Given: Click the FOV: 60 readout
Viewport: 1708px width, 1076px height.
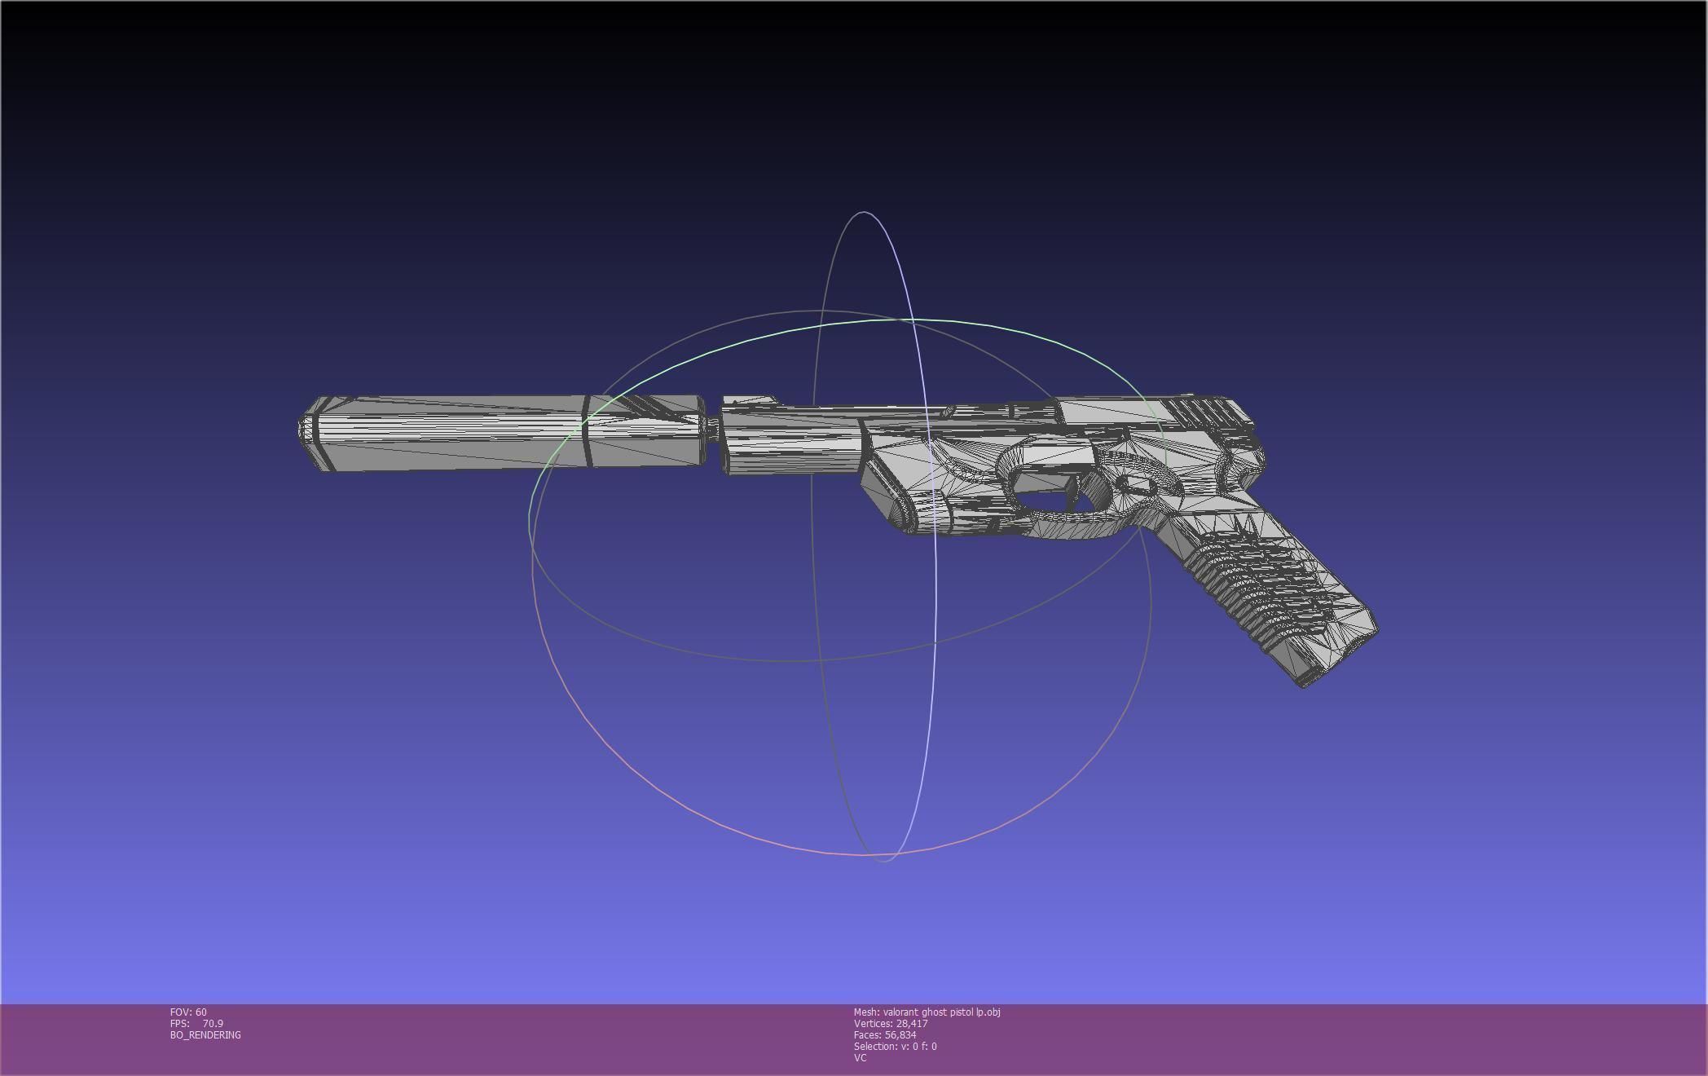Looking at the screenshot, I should [188, 1012].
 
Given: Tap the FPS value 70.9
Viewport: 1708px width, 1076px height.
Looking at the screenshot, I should [213, 1023].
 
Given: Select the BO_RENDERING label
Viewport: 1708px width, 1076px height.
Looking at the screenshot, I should [205, 1034].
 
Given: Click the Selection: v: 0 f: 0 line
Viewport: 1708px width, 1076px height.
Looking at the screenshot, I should [895, 1046].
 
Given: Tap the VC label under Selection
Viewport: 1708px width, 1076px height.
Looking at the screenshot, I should [860, 1057].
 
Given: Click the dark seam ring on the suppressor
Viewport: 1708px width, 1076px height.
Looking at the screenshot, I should [585, 432].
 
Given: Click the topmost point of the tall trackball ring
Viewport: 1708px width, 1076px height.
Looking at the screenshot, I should [863, 212].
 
